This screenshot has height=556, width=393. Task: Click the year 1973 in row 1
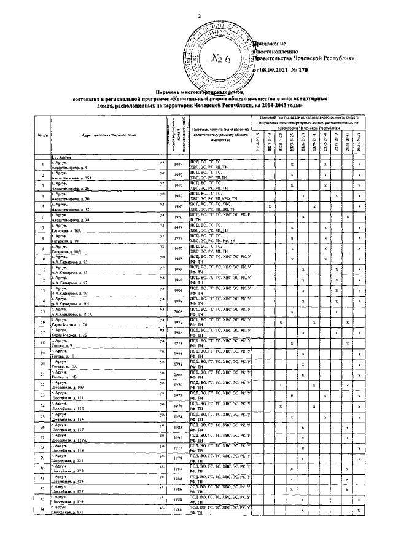pyautogui.click(x=178, y=164)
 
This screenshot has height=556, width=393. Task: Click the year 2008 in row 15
pyautogui.click(x=178, y=311)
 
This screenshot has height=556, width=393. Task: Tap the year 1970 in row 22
pyautogui.click(x=178, y=385)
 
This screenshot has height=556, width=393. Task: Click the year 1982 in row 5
pyautogui.click(x=178, y=206)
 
